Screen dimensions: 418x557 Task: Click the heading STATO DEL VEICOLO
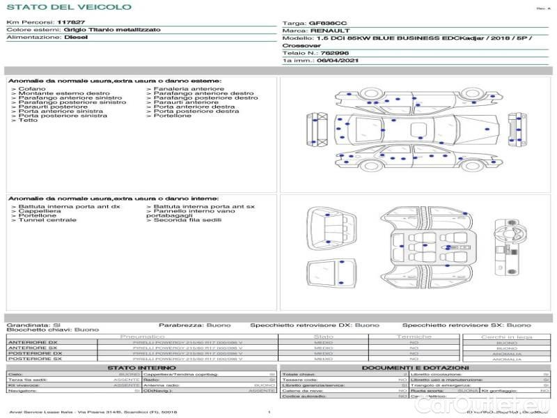tap(68, 8)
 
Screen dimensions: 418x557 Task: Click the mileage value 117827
tap(71, 23)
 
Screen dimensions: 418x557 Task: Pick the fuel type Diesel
tap(75, 38)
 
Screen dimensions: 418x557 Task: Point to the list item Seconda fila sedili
tap(188, 220)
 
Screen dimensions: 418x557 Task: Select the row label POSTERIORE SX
tap(35, 359)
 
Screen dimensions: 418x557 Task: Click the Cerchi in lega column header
tap(506, 336)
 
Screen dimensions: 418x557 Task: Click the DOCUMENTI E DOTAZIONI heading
tap(415, 367)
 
